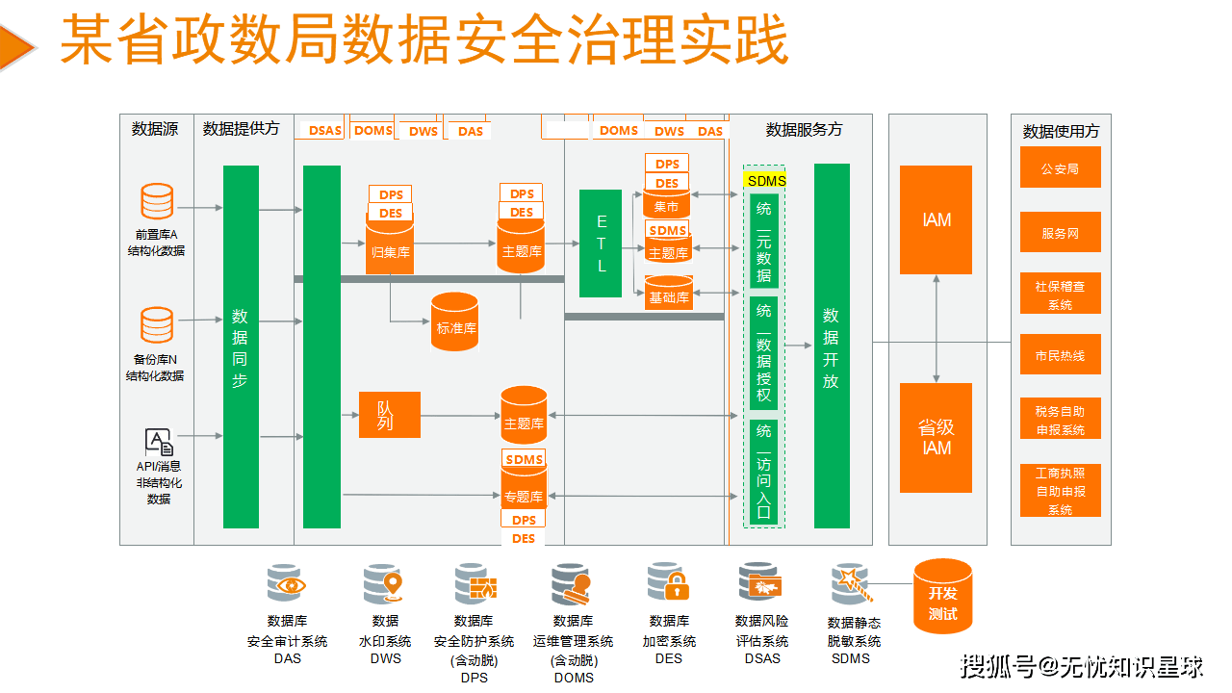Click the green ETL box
pos(601,244)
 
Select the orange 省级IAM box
pos(936,438)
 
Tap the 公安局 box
pos(1060,168)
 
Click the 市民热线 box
pos(1060,355)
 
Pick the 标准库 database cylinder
pos(455,322)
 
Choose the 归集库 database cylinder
pos(390,248)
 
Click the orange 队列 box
pos(389,415)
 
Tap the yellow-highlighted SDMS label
pos(766,180)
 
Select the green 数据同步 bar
pos(241,346)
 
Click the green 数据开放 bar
pos(832,346)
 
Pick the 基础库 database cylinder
pos(668,294)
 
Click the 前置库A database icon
pos(157,201)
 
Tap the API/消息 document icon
pos(159,442)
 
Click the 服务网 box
pos(1060,233)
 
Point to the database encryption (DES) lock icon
pos(668,582)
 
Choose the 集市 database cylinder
pos(666,204)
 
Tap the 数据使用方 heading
pos(1061,131)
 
